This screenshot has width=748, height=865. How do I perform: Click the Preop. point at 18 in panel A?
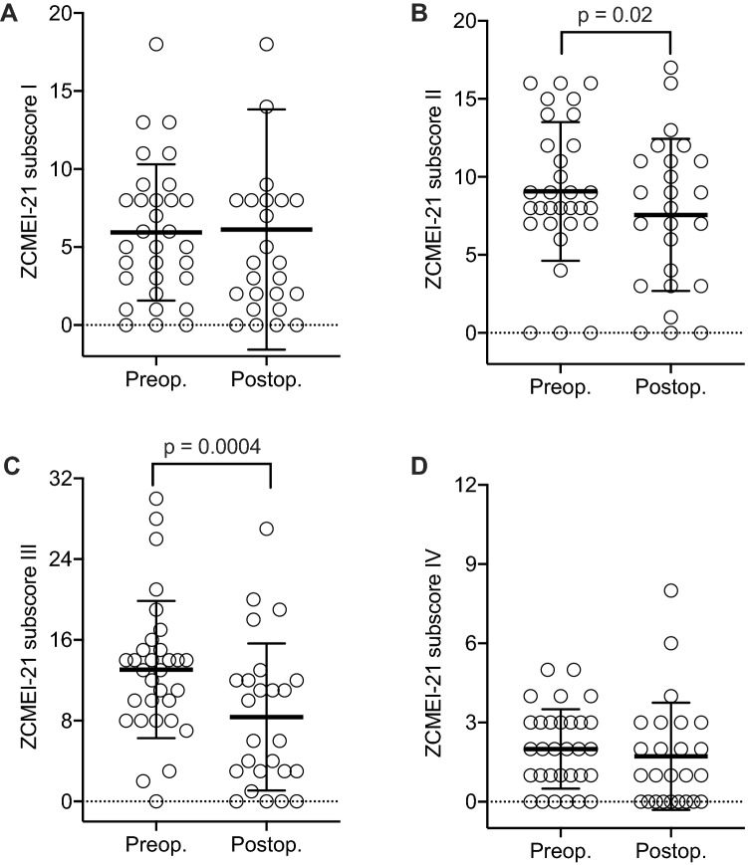[156, 44]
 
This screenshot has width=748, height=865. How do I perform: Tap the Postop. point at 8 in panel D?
[671, 590]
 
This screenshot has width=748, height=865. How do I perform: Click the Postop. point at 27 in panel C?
[266, 529]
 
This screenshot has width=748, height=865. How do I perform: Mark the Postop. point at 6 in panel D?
[671, 643]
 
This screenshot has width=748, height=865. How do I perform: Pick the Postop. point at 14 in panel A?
[266, 107]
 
